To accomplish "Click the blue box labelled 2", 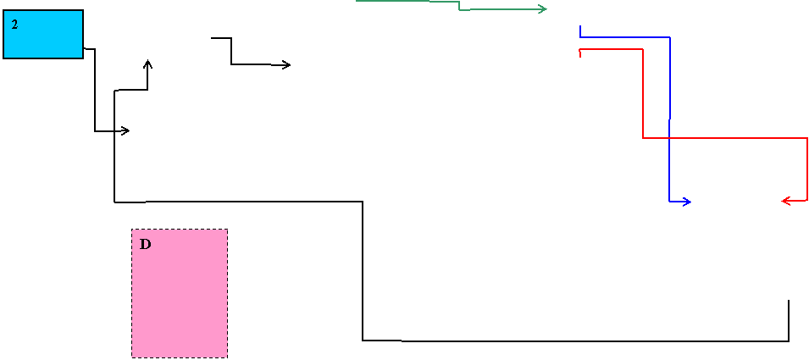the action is pos(43,34).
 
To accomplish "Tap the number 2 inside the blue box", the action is pos(14,25).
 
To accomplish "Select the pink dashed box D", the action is pos(180,293).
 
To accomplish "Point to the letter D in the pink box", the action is pos(146,245).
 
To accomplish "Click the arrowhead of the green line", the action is pos(543,8).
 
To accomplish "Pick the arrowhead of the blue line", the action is pos(687,202).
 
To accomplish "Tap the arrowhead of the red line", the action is pos(786,200).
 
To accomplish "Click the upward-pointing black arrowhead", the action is pos(148,64).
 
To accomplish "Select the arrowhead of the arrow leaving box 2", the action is pos(125,131).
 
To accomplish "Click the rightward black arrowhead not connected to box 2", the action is pos(286,65).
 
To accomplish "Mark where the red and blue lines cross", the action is pos(669,138).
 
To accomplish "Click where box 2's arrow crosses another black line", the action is pos(114,131).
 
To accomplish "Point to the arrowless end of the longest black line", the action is pos(789,300).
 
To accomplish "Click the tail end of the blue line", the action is pos(580,25).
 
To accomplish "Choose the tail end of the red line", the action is pos(580,56).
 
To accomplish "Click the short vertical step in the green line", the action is pos(459,5).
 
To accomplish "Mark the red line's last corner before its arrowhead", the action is pos(807,200).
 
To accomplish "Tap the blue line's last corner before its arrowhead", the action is pos(669,201).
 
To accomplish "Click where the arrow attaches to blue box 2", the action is pos(84,48).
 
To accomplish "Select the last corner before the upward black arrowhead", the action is pos(147,90).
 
